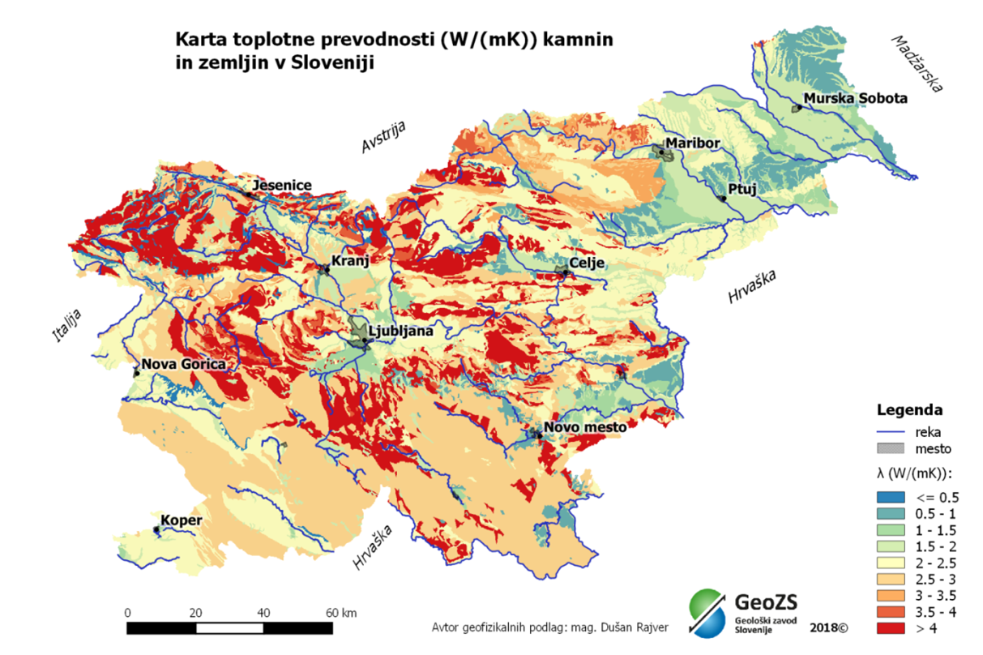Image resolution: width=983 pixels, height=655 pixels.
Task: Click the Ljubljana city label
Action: click(x=400, y=331)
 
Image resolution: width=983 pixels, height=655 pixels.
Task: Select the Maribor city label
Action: click(x=692, y=144)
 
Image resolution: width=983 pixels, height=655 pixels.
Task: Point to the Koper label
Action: click(x=181, y=520)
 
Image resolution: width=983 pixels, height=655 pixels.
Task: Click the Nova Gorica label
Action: click(x=183, y=365)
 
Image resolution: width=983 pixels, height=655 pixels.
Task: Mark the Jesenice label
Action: click(x=282, y=186)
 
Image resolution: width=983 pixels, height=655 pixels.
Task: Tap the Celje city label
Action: click(x=588, y=263)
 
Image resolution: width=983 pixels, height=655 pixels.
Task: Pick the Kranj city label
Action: click(x=350, y=261)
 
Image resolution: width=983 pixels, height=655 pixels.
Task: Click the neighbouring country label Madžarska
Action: click(x=919, y=63)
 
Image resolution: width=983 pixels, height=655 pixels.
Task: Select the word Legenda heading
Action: click(x=909, y=409)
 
